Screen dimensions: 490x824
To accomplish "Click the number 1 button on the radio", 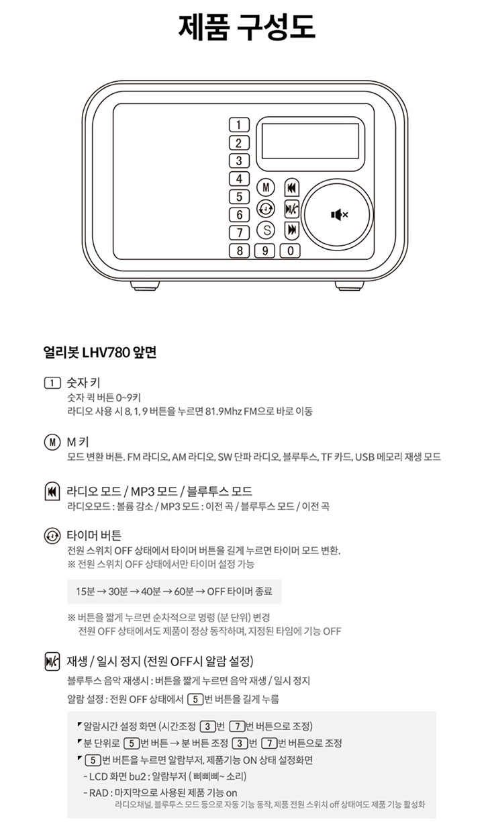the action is pyautogui.click(x=239, y=125).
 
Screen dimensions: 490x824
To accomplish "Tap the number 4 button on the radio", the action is pyautogui.click(x=239, y=179).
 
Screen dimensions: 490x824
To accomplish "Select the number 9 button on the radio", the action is pyautogui.click(x=264, y=251).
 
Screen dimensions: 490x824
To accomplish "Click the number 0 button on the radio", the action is pyautogui.click(x=291, y=251).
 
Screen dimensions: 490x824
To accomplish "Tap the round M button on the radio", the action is pyautogui.click(x=265, y=187).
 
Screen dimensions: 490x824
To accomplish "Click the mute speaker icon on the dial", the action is pyautogui.click(x=339, y=214).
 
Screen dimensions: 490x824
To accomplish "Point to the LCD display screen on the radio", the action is pyautogui.click(x=310, y=141).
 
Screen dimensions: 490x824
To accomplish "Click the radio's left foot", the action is pyautogui.click(x=145, y=285).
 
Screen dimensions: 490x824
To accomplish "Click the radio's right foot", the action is pyautogui.click(x=349, y=285).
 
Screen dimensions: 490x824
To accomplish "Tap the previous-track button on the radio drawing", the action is pyautogui.click(x=292, y=188).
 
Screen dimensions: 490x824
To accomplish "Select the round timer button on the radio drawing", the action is pyautogui.click(x=265, y=209).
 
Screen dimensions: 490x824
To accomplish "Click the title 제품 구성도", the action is pyautogui.click(x=247, y=26).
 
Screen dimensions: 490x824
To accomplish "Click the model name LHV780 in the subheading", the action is pyautogui.click(x=106, y=353).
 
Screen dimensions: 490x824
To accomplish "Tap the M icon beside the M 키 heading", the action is pyautogui.click(x=52, y=442).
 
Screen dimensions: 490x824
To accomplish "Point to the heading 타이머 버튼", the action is pyautogui.click(x=94, y=536).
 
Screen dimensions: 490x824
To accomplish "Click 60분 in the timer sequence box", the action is pyautogui.click(x=184, y=592).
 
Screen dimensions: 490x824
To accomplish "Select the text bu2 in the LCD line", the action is pyautogui.click(x=138, y=776).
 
